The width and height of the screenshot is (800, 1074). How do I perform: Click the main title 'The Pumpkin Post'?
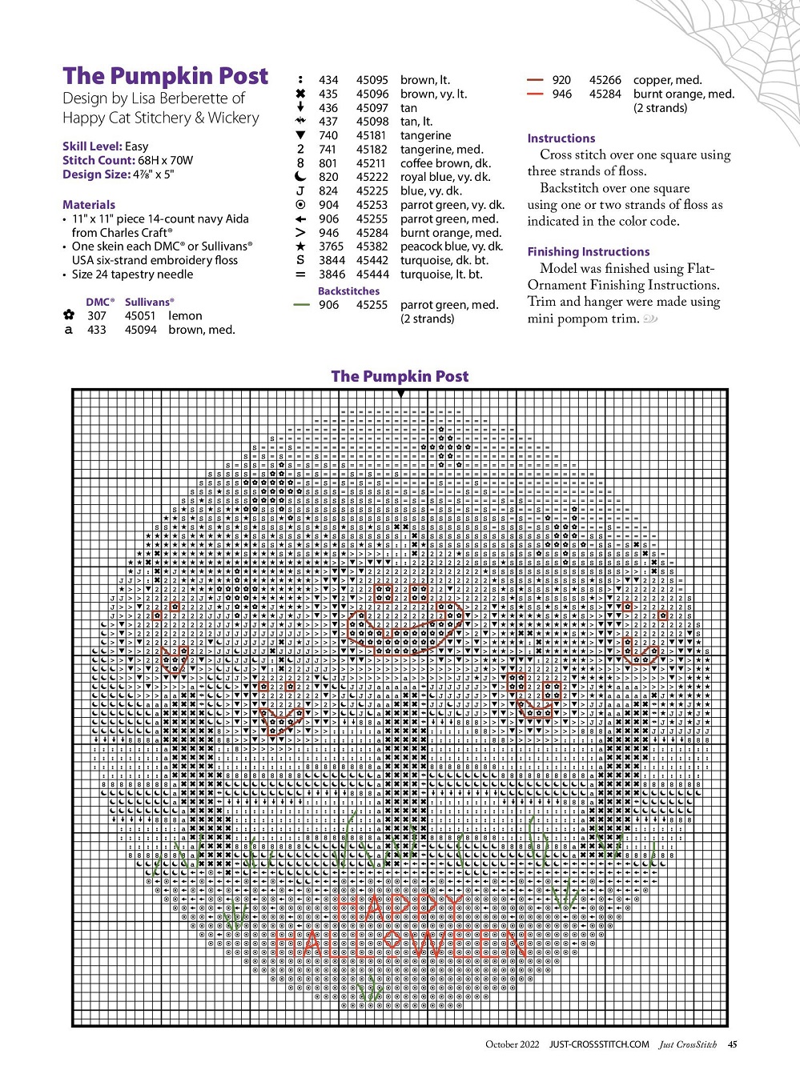tap(166, 76)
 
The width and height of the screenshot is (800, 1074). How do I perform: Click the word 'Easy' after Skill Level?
tap(137, 146)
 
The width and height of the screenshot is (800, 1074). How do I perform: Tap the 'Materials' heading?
tap(89, 205)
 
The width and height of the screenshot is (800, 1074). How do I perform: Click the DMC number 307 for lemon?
tap(96, 316)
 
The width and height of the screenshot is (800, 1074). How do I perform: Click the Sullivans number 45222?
tap(372, 178)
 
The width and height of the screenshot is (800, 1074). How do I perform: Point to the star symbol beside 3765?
tap(300, 246)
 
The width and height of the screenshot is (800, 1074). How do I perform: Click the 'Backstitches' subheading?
tap(348, 291)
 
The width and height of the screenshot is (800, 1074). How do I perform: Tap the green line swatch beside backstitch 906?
tap(301, 305)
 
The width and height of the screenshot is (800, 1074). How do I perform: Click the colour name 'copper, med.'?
tap(667, 80)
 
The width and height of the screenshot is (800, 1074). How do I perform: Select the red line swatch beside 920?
tap(535, 80)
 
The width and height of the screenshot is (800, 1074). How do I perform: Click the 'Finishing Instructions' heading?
tap(589, 252)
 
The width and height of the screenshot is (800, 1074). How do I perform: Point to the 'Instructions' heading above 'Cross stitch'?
tap(561, 138)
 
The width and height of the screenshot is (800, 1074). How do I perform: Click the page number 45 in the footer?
tap(732, 1044)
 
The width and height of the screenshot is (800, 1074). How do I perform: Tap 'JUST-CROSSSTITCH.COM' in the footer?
tap(599, 1044)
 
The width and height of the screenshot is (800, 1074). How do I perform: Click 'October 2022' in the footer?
tap(513, 1044)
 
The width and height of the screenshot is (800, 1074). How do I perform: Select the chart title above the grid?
tap(400, 376)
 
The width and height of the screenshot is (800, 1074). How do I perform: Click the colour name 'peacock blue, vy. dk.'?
tap(452, 246)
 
